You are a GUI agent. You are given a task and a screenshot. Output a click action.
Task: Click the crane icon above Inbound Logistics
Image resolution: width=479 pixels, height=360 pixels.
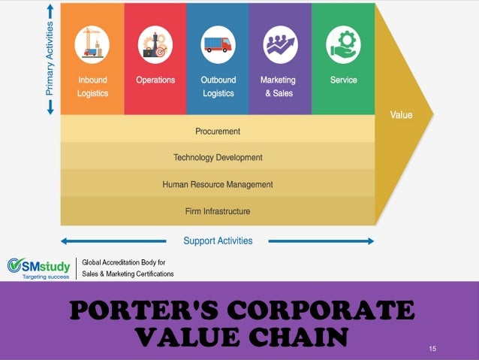click(x=92, y=44)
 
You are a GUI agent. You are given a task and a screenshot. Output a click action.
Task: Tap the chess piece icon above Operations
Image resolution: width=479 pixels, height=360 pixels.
click(x=155, y=44)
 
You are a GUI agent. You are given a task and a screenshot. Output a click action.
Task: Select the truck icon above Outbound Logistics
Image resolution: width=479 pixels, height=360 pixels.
click(x=218, y=44)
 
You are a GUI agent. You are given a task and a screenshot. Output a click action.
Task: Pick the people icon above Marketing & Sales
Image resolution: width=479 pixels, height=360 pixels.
click(x=280, y=44)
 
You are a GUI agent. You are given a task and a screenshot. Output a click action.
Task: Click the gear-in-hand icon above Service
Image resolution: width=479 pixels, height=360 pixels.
click(x=343, y=44)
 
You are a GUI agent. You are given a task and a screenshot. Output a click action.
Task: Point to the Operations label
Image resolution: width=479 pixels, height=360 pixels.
click(x=155, y=80)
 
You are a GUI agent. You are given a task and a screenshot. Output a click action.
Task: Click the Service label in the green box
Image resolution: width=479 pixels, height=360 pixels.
click(x=343, y=80)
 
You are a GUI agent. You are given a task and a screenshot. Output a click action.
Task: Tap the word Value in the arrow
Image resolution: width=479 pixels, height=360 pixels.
click(x=401, y=115)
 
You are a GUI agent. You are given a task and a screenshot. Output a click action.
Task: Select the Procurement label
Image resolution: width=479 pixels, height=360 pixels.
click(x=218, y=131)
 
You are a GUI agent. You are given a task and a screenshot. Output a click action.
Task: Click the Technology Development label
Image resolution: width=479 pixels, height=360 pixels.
click(x=218, y=158)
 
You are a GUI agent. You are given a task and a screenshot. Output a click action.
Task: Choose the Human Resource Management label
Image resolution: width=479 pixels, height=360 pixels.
click(x=218, y=184)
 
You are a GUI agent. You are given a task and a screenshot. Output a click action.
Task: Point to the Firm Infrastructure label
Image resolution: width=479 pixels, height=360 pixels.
click(x=218, y=211)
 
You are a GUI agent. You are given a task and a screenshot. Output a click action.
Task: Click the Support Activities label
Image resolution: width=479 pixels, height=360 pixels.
click(x=218, y=241)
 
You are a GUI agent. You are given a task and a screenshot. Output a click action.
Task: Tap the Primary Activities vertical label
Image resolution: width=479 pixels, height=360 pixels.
click(x=50, y=58)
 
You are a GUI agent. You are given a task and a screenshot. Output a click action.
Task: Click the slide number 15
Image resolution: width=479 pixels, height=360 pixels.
click(x=432, y=348)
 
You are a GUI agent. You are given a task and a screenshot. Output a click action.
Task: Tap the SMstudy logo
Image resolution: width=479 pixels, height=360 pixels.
click(x=38, y=268)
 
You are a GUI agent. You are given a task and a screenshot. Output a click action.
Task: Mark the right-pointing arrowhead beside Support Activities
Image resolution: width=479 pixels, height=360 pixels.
click(x=369, y=241)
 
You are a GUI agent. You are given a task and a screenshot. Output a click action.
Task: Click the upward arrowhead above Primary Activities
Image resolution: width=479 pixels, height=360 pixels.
click(x=50, y=9)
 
